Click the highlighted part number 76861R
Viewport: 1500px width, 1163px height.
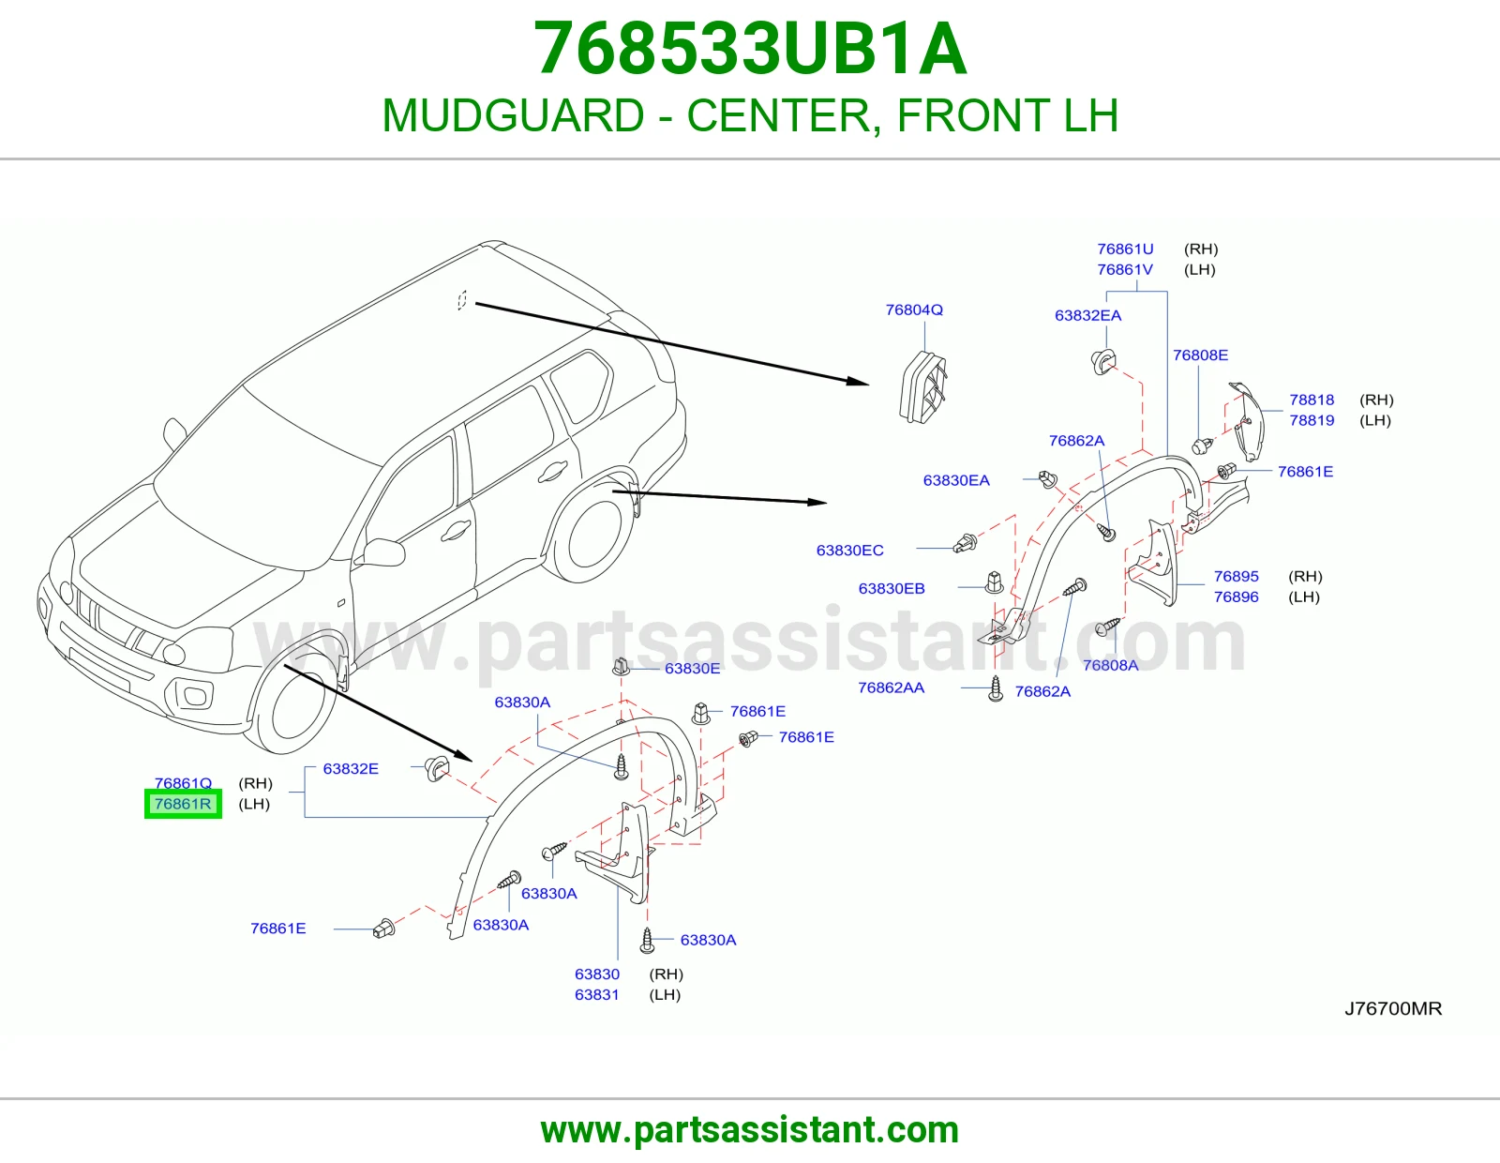(x=183, y=804)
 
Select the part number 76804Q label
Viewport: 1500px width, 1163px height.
(x=914, y=310)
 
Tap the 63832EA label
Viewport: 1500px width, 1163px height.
(x=1087, y=316)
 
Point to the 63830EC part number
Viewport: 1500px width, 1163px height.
(x=849, y=551)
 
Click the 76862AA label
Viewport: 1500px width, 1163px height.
(x=892, y=687)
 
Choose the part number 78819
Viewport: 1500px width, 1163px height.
(x=1312, y=420)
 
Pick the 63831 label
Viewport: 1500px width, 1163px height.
(x=597, y=994)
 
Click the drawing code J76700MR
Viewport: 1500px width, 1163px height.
(x=1393, y=1008)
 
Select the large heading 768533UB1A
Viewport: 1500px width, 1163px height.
(x=750, y=49)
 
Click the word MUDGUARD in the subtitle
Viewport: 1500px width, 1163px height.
(x=514, y=115)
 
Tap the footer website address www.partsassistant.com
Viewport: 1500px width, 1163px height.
(x=750, y=1130)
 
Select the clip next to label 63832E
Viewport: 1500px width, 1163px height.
(x=436, y=769)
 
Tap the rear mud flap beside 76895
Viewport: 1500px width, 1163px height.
(x=1156, y=563)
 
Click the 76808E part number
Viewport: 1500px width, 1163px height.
(x=1200, y=355)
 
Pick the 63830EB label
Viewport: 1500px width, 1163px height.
(x=892, y=588)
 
